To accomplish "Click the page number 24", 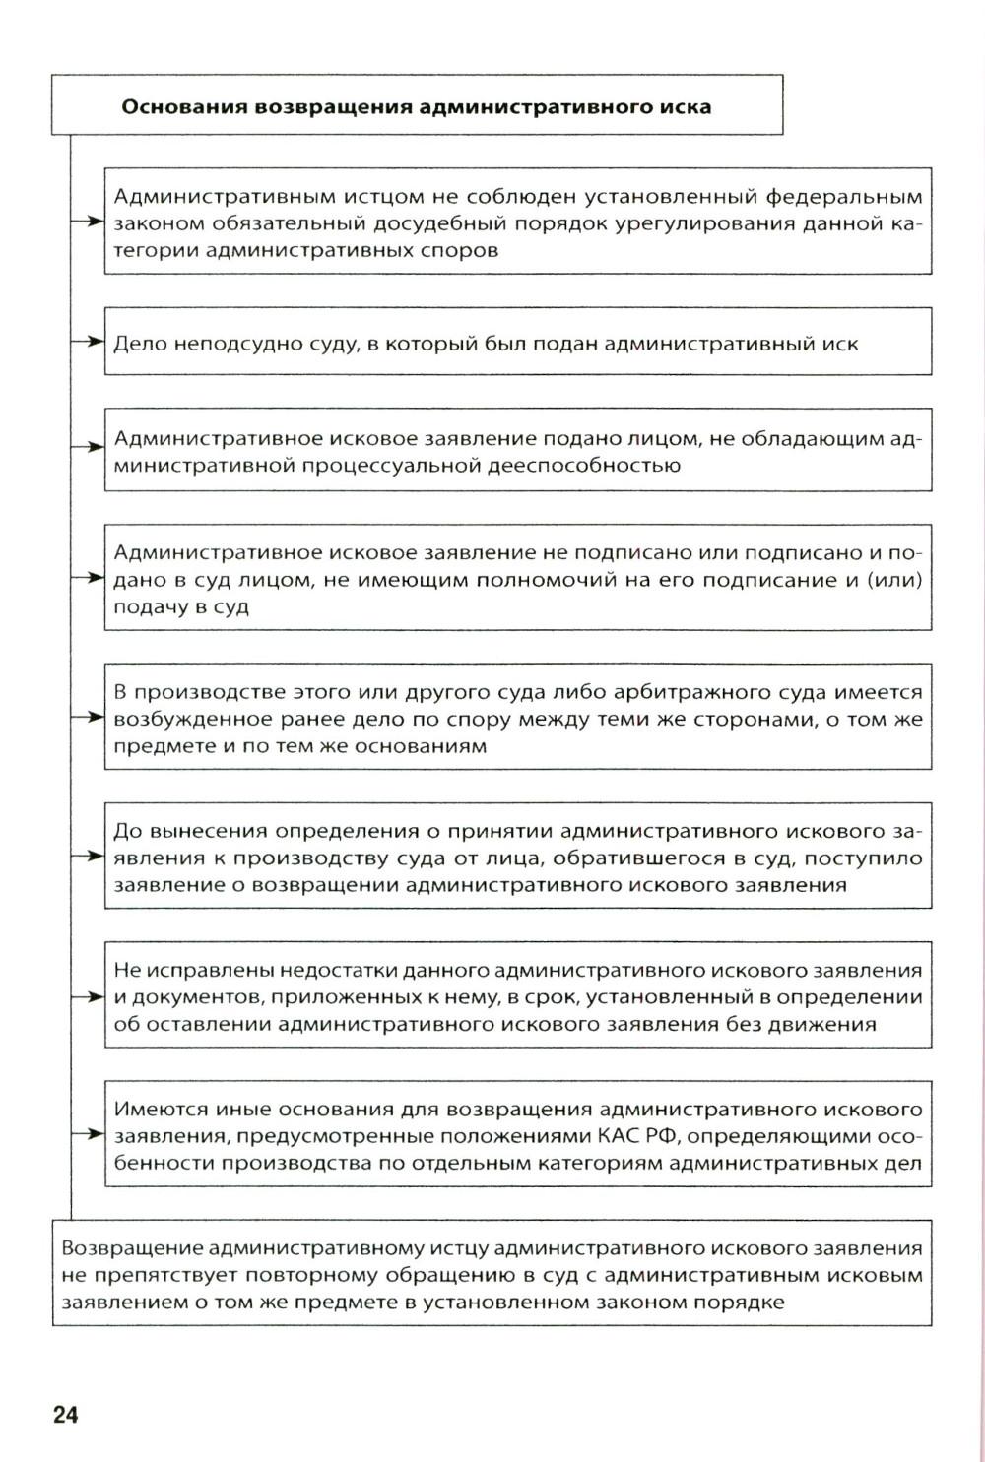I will (x=65, y=1416).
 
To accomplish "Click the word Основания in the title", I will (x=182, y=106).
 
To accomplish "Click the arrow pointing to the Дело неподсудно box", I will (x=89, y=342).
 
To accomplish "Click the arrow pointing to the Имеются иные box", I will (x=89, y=1134).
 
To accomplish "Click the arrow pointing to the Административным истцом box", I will (x=89, y=222).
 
